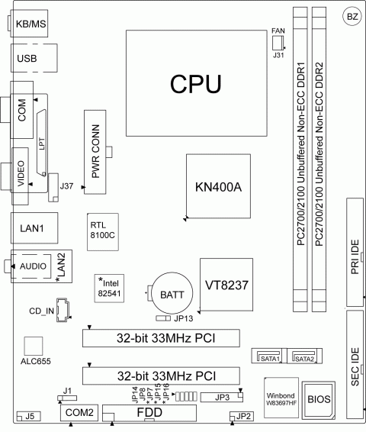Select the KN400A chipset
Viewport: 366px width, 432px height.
(x=218, y=187)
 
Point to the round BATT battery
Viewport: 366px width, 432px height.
(x=165, y=293)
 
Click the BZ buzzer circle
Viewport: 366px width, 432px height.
(x=350, y=16)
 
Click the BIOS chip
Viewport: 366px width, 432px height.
(x=319, y=398)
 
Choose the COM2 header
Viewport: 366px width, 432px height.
(x=79, y=412)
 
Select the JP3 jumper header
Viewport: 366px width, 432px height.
(x=222, y=396)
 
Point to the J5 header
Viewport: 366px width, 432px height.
(x=28, y=416)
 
